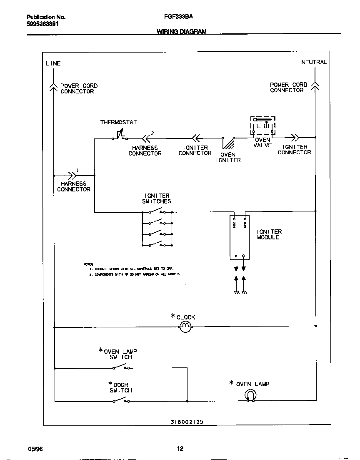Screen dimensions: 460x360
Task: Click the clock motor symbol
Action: click(185, 327)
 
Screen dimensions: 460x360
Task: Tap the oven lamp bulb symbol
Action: click(251, 395)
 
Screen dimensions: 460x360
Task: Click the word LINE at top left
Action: click(53, 63)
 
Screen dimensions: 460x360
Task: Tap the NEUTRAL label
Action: click(314, 62)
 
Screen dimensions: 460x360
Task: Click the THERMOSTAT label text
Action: click(118, 123)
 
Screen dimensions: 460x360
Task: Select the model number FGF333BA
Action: click(178, 17)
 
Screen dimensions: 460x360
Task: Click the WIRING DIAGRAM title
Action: click(181, 32)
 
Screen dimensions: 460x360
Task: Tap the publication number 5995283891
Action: click(42, 24)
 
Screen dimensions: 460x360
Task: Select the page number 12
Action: click(180, 449)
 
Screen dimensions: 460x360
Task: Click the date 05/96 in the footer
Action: click(35, 449)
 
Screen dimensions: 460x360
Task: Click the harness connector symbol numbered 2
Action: click(146, 138)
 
